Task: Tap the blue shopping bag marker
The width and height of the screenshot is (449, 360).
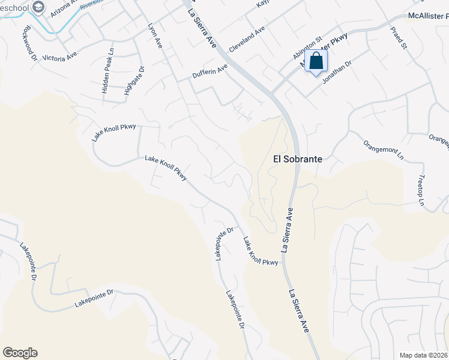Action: pos(316,62)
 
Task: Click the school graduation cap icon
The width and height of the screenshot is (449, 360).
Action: pos(39,7)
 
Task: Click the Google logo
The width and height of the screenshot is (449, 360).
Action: pos(20,353)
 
